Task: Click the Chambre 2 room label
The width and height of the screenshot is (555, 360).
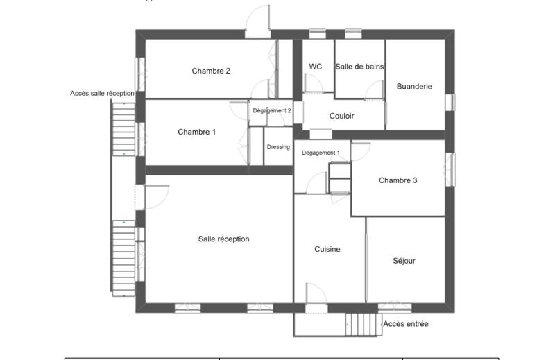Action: (211, 71)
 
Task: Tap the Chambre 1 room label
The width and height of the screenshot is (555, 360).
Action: (197, 132)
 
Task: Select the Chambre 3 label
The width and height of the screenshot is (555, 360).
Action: (398, 180)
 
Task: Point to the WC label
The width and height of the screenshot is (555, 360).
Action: (316, 67)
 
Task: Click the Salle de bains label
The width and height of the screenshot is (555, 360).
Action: (359, 67)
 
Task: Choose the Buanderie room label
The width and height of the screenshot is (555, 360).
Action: (414, 87)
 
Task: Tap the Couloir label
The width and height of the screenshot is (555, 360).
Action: (341, 117)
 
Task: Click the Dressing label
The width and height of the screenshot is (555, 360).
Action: (278, 147)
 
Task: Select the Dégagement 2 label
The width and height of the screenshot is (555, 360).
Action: (271, 110)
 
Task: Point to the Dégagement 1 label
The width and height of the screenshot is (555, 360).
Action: (321, 153)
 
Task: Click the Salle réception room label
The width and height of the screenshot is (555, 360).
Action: (223, 239)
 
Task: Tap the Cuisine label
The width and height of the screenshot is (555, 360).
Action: (327, 250)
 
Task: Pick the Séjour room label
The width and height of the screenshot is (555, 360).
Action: (404, 261)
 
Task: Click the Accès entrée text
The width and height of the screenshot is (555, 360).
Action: (406, 324)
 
